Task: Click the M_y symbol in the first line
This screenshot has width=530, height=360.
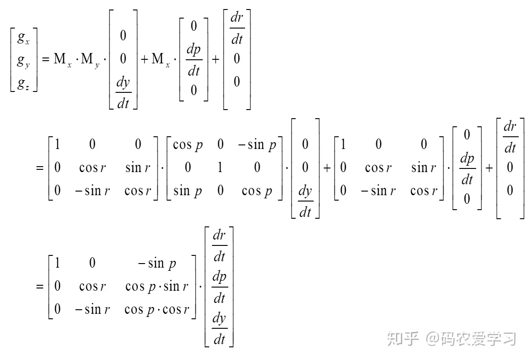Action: tap(90, 60)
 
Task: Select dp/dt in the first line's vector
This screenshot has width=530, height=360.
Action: tap(194, 60)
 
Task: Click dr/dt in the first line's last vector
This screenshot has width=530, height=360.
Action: tap(237, 28)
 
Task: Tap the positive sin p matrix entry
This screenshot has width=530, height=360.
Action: tap(187, 191)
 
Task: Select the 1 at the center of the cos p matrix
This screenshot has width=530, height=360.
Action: tap(220, 168)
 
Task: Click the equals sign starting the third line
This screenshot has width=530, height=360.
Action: tap(40, 286)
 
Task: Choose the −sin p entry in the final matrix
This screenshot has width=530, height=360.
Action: tap(157, 263)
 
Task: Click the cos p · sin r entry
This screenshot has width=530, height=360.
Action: tap(157, 287)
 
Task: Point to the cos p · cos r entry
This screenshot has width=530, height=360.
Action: tap(157, 310)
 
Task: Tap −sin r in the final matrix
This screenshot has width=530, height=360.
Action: tap(92, 310)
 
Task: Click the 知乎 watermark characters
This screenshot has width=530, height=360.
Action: tap(403, 338)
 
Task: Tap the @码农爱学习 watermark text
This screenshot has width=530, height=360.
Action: tap(471, 338)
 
